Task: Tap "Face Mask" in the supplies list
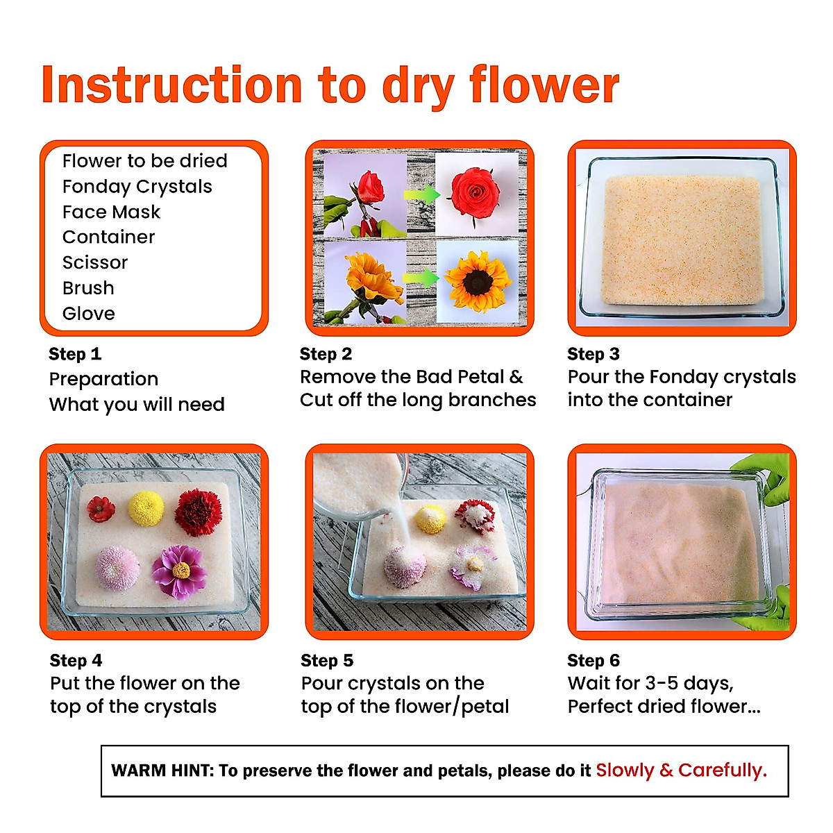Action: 111,212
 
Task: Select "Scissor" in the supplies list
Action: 95,262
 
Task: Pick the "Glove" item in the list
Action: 89,313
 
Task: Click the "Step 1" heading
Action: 75,354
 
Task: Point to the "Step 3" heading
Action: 593,354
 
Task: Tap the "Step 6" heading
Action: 593,660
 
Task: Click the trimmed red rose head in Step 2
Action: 476,192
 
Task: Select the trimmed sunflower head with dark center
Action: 478,281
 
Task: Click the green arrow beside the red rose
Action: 421,194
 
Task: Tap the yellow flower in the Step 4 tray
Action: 146,507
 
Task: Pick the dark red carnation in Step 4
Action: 199,512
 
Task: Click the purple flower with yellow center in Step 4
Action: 180,571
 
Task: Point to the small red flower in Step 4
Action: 101,509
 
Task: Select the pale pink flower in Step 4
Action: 117,567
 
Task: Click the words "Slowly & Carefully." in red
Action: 681,770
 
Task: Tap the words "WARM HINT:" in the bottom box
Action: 162,771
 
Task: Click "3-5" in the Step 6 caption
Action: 662,683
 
